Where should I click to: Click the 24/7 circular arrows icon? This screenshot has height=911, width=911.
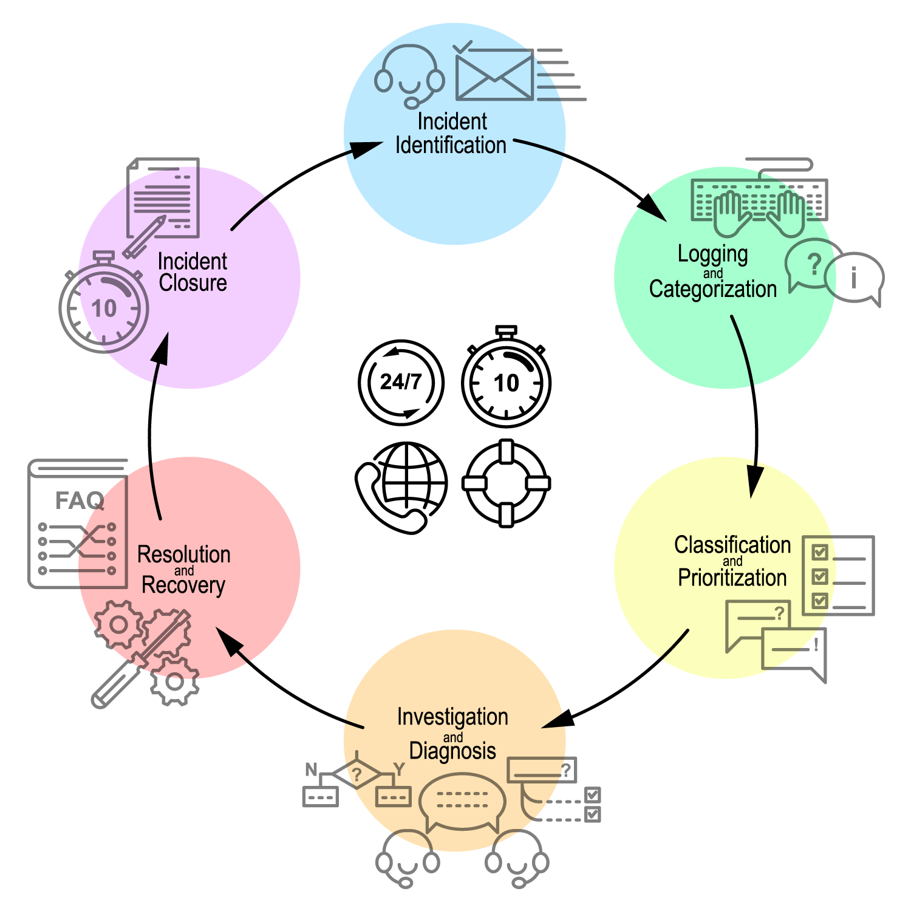coord(401,382)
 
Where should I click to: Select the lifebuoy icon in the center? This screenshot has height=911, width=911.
coord(506,483)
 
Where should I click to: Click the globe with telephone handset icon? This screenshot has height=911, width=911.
coord(402,486)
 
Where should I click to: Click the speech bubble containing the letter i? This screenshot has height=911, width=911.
coord(855,278)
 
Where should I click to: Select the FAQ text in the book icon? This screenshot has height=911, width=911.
coord(80,501)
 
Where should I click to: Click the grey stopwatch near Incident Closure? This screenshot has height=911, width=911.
coord(103,307)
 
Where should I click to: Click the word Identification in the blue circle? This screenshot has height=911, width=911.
coord(451,146)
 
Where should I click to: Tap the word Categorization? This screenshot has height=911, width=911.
coord(712,290)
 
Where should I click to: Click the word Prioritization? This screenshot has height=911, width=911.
coord(732,578)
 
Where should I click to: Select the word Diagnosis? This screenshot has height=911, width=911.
coord(452,751)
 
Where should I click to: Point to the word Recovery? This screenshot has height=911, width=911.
coord(183,585)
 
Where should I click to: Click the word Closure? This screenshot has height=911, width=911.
coord(193,283)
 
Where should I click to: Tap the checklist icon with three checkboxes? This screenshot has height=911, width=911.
coord(838,575)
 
